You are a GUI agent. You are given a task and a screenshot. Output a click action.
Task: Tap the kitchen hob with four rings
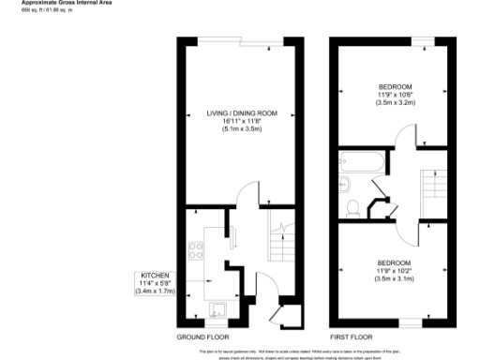pyautogui.click(x=198, y=251)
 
